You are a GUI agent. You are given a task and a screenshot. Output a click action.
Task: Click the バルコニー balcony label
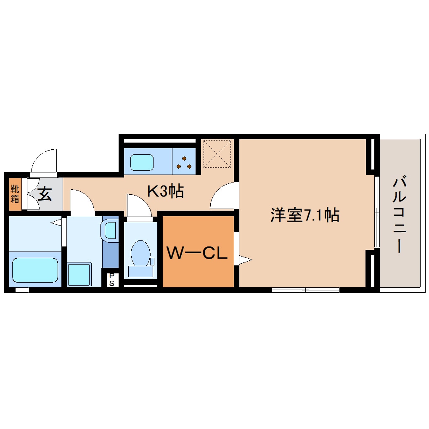click(399, 216)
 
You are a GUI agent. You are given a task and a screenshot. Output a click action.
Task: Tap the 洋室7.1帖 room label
click(305, 215)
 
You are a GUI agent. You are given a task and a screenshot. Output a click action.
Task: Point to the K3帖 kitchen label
click(165, 191)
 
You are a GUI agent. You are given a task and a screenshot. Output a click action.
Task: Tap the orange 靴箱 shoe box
click(15, 194)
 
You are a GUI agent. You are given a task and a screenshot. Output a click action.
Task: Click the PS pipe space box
click(112, 280)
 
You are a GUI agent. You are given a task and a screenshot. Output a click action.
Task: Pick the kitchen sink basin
click(142, 162)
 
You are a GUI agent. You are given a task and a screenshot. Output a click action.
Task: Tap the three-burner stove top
click(184, 162)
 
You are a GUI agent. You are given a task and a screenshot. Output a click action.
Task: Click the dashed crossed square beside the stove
click(217, 154)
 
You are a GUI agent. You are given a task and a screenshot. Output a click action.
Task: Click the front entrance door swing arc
click(44, 162)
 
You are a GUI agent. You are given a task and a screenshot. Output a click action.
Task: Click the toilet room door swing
click(139, 206)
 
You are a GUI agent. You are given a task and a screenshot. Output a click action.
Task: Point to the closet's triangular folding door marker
click(245, 260)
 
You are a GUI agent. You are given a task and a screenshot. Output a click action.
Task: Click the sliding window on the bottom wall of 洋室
click(306, 289)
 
